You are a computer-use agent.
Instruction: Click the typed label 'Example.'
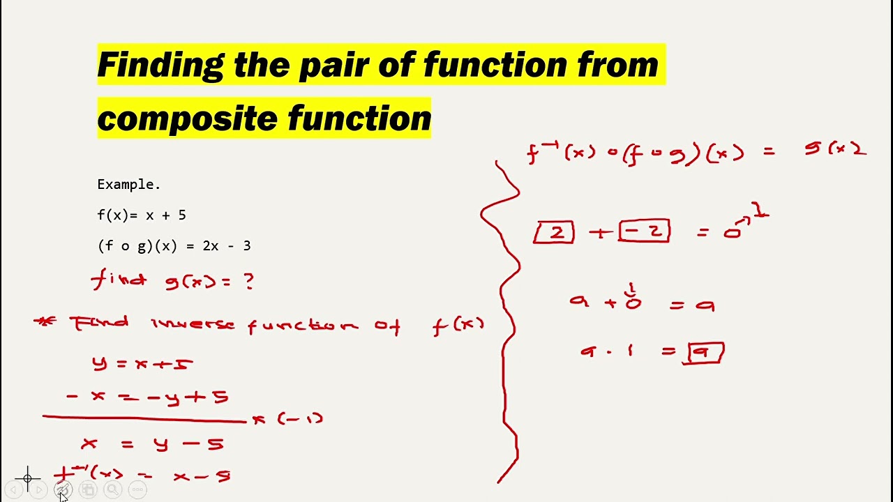click(x=128, y=185)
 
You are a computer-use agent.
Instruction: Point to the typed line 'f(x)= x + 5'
click(x=142, y=215)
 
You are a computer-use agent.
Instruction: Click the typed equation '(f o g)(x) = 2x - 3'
click(x=174, y=246)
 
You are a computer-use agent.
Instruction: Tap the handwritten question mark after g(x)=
click(x=248, y=281)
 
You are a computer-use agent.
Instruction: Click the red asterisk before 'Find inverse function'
click(x=45, y=321)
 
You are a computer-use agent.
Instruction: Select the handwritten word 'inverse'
click(x=193, y=325)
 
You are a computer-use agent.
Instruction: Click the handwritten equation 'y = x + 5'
click(x=142, y=363)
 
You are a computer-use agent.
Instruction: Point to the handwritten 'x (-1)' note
click(x=287, y=419)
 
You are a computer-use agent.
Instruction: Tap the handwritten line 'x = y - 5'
click(x=152, y=443)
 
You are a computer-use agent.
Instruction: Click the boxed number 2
click(x=555, y=232)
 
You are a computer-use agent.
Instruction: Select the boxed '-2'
click(x=645, y=231)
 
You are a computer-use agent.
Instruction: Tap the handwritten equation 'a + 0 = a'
click(x=640, y=302)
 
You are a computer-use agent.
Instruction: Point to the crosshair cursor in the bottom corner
click(x=28, y=478)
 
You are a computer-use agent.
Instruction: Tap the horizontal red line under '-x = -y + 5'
click(x=143, y=418)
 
